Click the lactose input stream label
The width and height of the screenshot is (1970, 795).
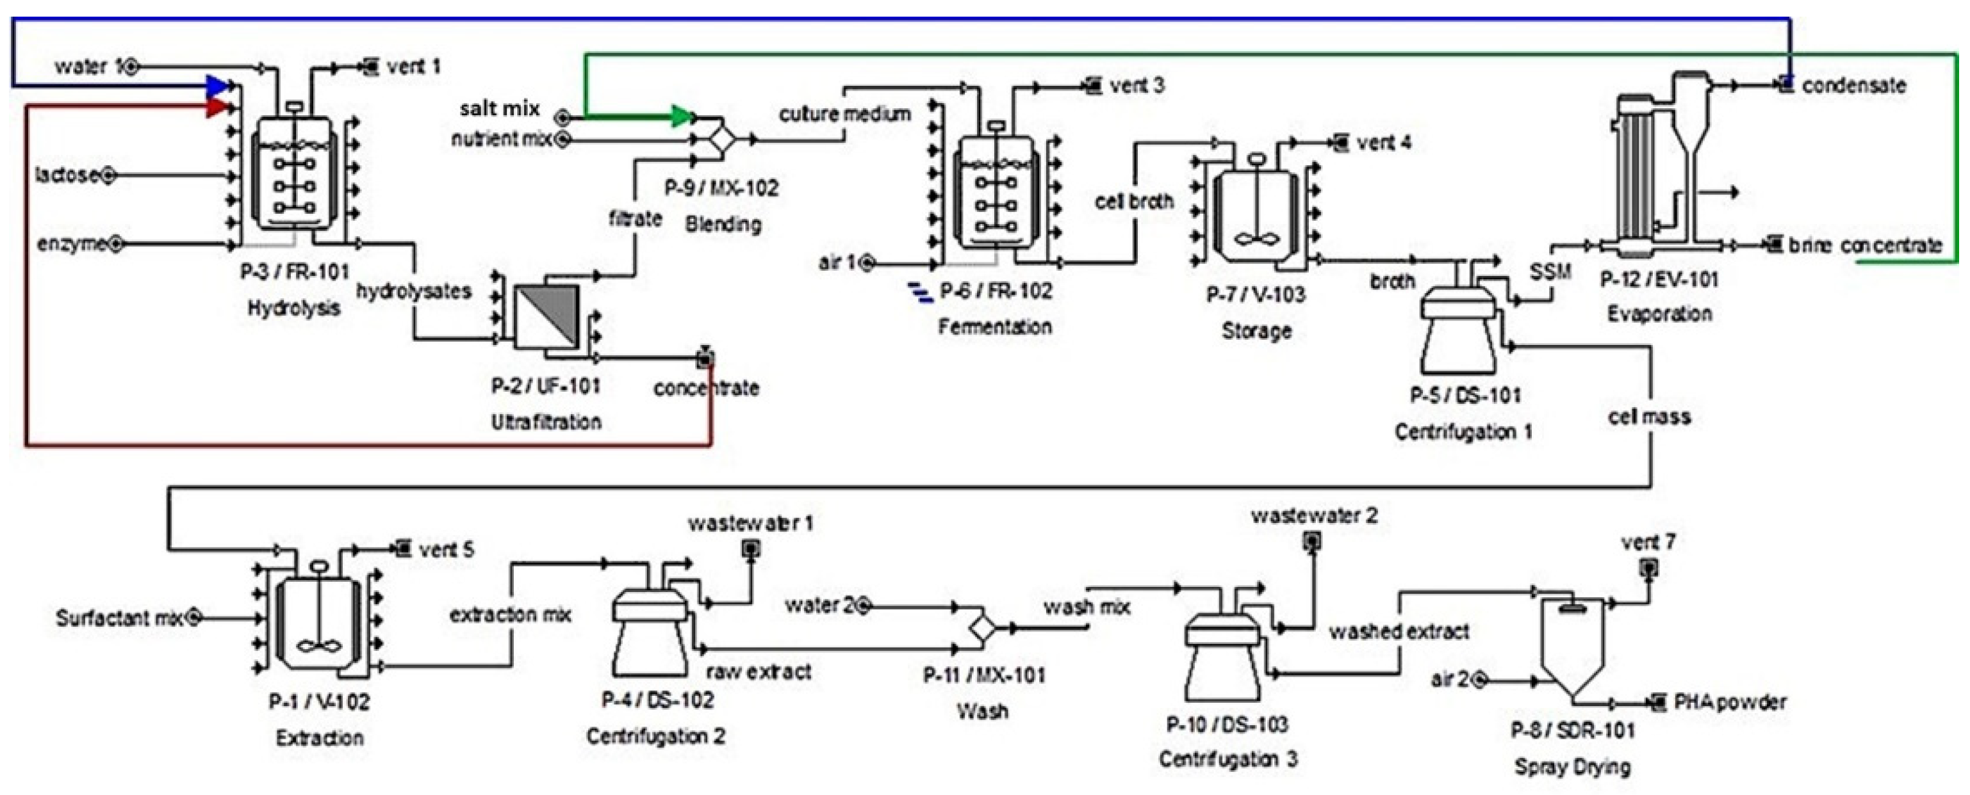tap(67, 175)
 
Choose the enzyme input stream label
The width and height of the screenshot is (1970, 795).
tap(72, 245)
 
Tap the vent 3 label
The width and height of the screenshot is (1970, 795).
tap(1137, 86)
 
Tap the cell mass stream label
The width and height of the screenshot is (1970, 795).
tap(1649, 417)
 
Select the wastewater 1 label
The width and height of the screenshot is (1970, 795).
tap(750, 524)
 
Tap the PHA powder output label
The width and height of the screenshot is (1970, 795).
tap(1730, 702)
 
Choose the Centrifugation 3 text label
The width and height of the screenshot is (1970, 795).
tap(1227, 759)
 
